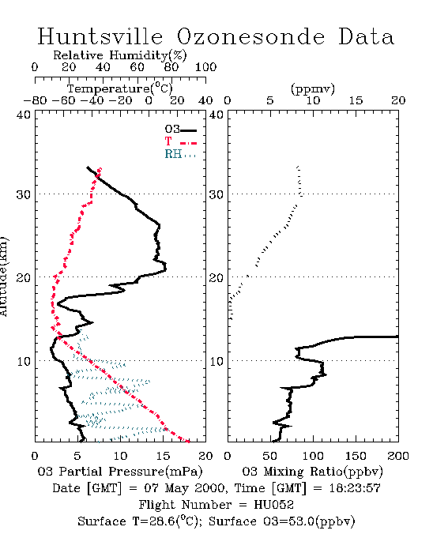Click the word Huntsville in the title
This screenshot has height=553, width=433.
click(x=100, y=36)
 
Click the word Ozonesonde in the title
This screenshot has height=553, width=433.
click(x=250, y=36)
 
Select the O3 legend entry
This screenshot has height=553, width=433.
click(x=180, y=130)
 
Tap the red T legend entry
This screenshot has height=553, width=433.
click(x=180, y=142)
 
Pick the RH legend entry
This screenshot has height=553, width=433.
click(x=180, y=155)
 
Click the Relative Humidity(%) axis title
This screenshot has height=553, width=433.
click(x=120, y=55)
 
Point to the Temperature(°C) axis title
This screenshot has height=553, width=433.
click(x=120, y=88)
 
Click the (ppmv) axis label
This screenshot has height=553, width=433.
click(x=313, y=88)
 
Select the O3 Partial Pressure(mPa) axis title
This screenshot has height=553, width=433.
click(x=120, y=472)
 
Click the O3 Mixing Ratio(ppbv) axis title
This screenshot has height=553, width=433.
click(x=312, y=472)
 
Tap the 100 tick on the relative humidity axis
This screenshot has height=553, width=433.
click(x=205, y=67)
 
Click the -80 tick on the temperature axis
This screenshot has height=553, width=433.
click(x=35, y=100)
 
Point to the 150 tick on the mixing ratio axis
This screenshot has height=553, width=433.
click(x=356, y=456)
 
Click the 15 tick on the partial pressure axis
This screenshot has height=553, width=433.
click(x=163, y=456)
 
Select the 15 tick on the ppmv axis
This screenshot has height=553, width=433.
click(x=356, y=100)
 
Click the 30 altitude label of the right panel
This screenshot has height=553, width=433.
click(x=216, y=194)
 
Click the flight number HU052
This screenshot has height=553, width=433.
click(x=273, y=505)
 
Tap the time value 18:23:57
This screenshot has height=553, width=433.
click(x=355, y=488)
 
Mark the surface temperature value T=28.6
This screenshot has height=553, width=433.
click(x=154, y=521)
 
